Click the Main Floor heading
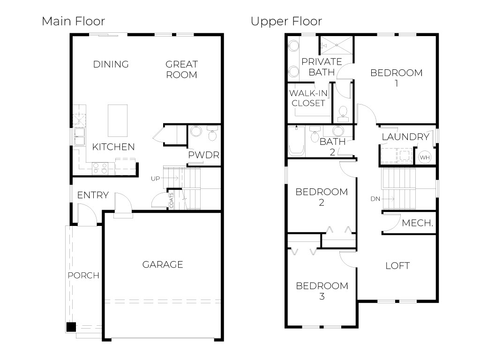(x=73, y=21)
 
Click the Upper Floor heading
(x=286, y=21)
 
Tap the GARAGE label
(x=163, y=265)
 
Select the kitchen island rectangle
(x=118, y=120)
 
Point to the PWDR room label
(x=204, y=155)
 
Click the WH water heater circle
(x=424, y=157)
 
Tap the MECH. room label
(x=417, y=224)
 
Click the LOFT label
(x=397, y=266)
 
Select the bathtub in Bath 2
(x=297, y=141)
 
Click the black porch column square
(x=70, y=327)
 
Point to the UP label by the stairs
(x=156, y=179)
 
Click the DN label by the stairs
(x=375, y=198)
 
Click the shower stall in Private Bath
(x=336, y=46)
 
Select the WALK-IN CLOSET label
(x=308, y=97)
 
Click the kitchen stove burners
(x=100, y=168)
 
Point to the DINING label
(x=111, y=64)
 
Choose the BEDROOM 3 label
(x=322, y=291)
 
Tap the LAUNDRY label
(x=405, y=137)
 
